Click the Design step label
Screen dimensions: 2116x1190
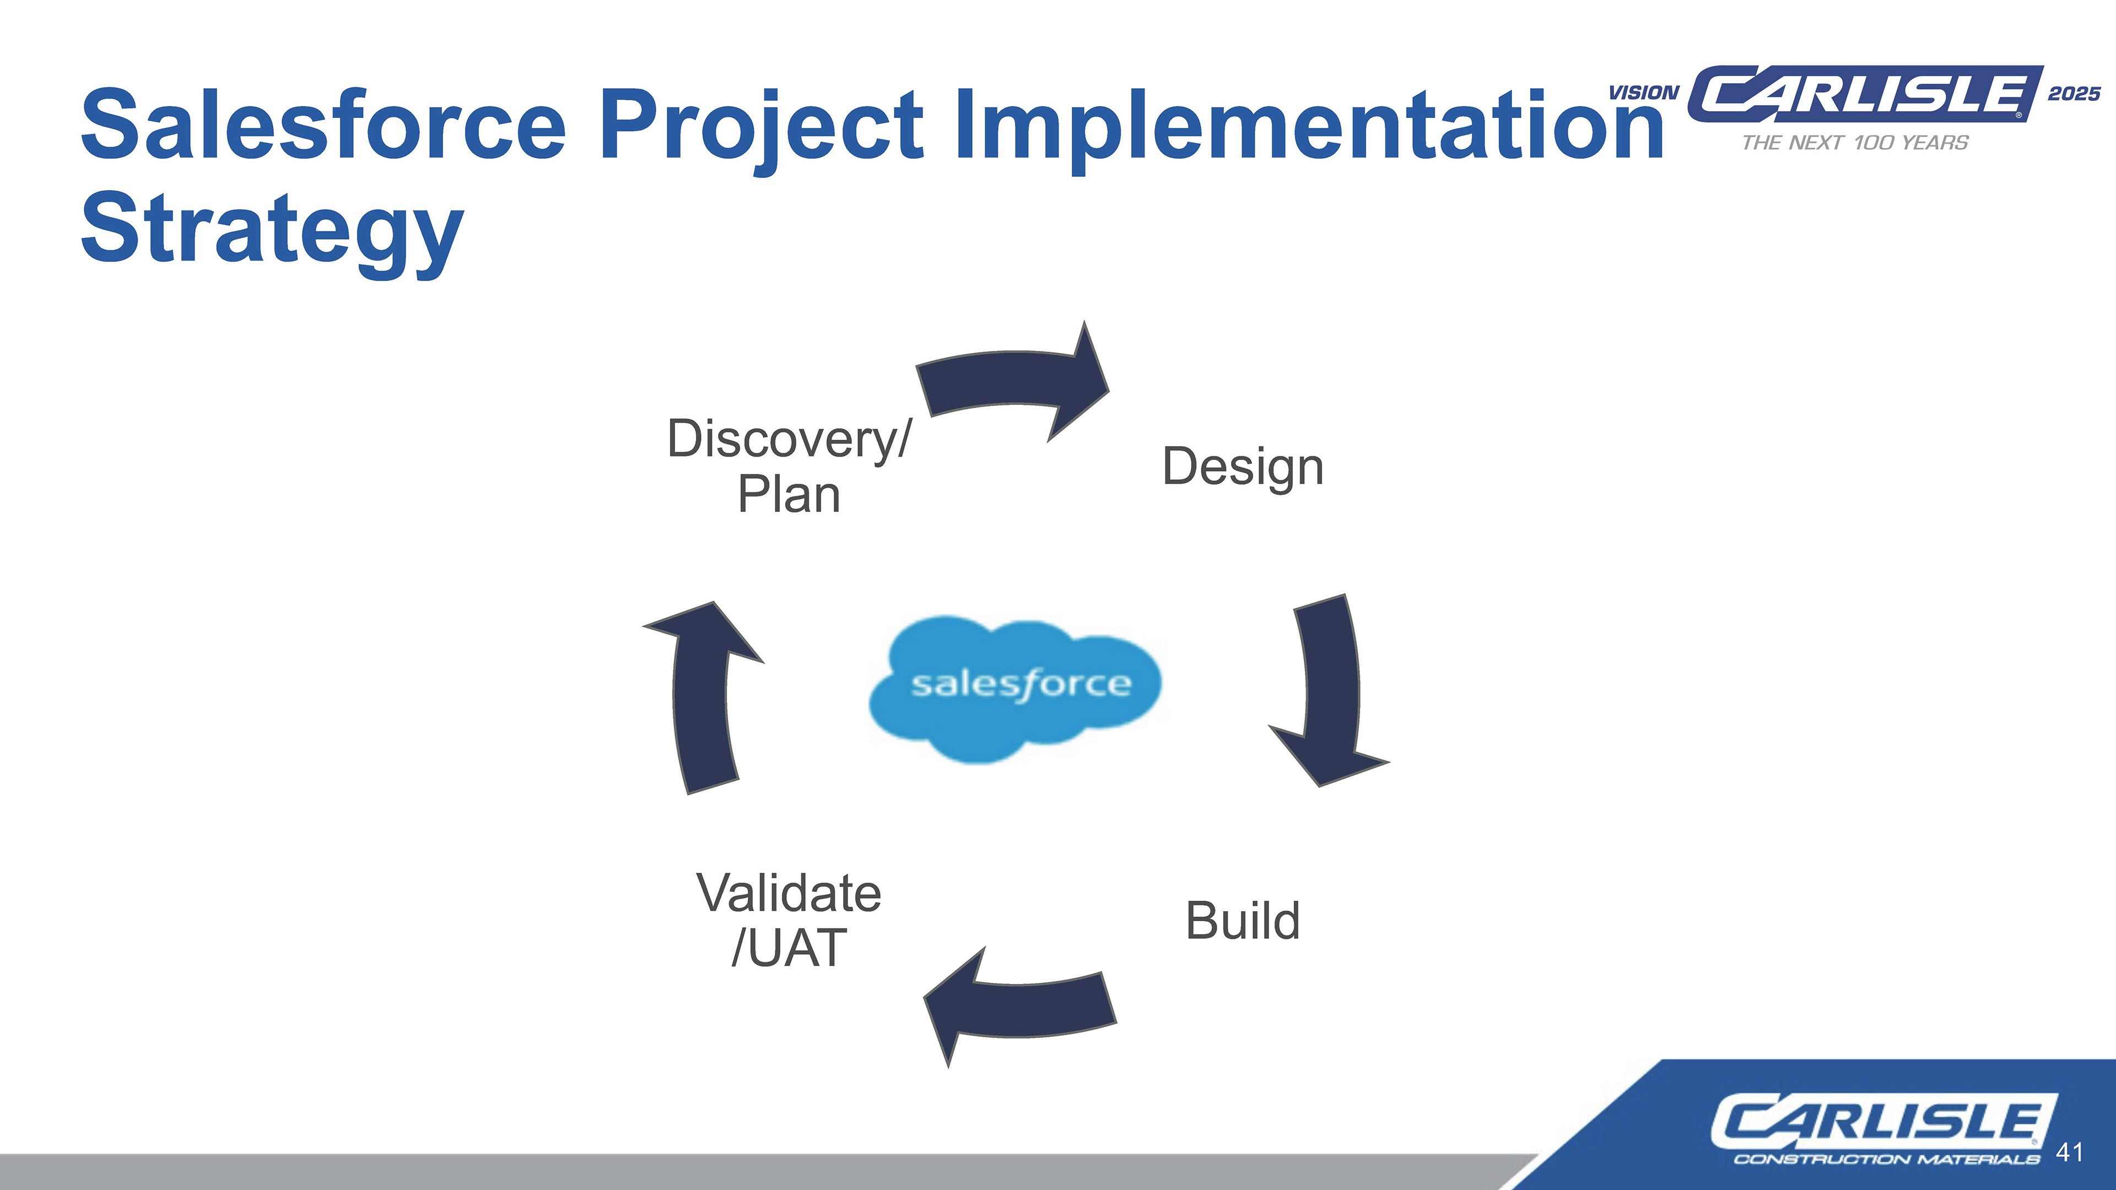pyautogui.click(x=1243, y=468)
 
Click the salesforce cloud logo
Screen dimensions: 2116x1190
pyautogui.click(x=1015, y=689)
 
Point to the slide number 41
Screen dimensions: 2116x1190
pyautogui.click(x=2069, y=1153)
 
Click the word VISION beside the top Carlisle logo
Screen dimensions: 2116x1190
pyautogui.click(x=1644, y=94)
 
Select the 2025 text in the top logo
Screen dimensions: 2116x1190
pyautogui.click(x=2074, y=94)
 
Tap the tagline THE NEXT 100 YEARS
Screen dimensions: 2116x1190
pyautogui.click(x=1855, y=143)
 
